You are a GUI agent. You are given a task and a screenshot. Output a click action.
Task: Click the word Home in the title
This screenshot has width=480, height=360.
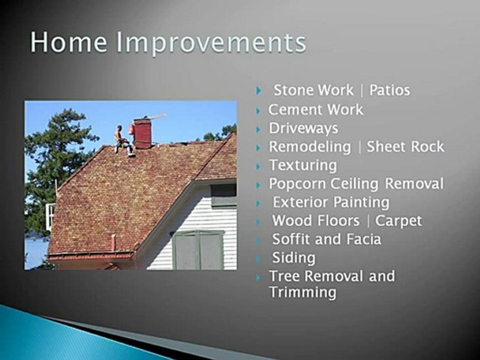68,43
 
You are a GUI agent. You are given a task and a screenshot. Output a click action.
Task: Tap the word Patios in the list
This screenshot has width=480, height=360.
389,90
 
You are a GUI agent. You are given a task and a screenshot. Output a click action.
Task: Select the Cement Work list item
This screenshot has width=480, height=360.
315,109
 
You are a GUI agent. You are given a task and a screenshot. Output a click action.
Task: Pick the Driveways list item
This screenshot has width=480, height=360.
303,128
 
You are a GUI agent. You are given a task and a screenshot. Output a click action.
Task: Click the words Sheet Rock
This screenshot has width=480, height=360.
405,146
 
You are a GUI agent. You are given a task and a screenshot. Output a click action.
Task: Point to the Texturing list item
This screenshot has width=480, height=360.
303,165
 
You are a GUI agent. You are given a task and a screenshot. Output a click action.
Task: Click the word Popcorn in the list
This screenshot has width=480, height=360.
297,183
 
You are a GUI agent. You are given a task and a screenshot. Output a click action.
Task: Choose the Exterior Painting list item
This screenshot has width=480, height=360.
330,202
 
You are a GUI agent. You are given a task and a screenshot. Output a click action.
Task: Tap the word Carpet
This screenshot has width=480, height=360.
398,220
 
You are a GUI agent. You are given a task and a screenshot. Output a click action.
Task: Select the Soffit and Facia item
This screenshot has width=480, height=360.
326,239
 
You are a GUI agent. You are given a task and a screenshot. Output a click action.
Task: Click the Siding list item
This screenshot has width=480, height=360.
293,257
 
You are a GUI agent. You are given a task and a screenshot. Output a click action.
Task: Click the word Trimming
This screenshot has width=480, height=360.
302,292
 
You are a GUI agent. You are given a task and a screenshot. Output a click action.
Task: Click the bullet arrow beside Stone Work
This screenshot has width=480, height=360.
258,91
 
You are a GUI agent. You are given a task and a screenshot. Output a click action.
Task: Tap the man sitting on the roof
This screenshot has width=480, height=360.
121,140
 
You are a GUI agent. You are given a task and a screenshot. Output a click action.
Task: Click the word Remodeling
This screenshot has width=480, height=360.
310,146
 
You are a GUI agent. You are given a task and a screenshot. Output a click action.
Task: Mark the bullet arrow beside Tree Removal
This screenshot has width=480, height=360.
258,276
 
